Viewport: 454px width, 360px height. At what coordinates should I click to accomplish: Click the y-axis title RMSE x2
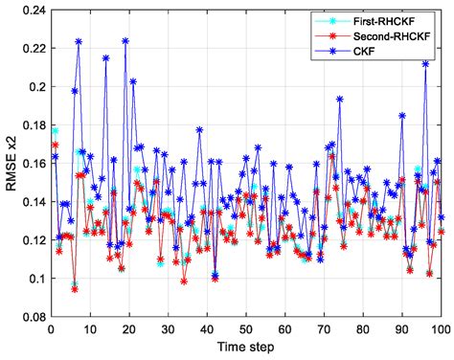(11, 172)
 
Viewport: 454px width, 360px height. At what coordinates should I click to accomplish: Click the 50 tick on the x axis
(245, 329)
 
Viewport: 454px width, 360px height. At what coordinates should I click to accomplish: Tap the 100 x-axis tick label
(440, 329)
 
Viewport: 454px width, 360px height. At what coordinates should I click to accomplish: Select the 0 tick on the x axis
(51, 329)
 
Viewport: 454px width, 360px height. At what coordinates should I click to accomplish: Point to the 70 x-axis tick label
(324, 329)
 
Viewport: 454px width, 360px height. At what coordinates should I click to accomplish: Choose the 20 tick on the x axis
(128, 329)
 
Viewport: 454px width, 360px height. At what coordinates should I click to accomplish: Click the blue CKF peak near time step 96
(425, 64)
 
